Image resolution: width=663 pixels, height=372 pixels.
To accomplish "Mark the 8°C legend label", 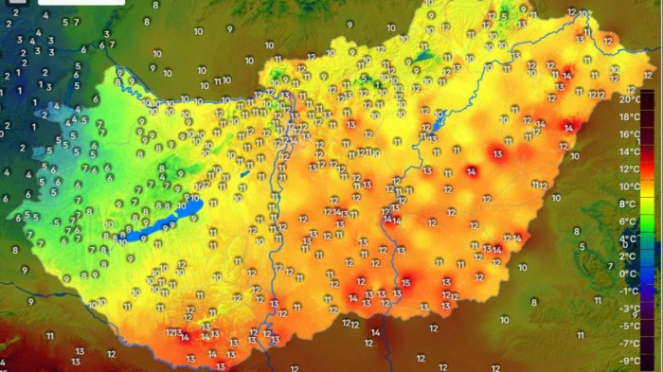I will click(x=628, y=204).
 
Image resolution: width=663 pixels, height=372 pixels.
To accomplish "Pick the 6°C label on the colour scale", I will click(x=628, y=221).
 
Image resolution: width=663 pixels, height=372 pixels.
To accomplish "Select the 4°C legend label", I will click(x=628, y=239).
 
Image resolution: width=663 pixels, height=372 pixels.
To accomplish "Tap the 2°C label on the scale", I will click(x=628, y=256).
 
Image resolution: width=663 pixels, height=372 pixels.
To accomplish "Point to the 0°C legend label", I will click(x=628, y=274).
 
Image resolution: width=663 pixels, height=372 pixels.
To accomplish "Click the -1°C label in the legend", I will click(x=629, y=291).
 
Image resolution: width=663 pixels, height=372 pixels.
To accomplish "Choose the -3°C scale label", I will click(x=629, y=309).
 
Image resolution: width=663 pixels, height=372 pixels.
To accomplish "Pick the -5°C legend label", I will click(x=629, y=326).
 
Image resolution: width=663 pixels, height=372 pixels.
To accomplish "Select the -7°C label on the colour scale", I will click(x=629, y=343).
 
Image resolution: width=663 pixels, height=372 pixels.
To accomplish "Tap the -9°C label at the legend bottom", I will click(x=629, y=361).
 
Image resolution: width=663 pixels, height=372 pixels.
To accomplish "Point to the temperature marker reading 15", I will click(x=405, y=282).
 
